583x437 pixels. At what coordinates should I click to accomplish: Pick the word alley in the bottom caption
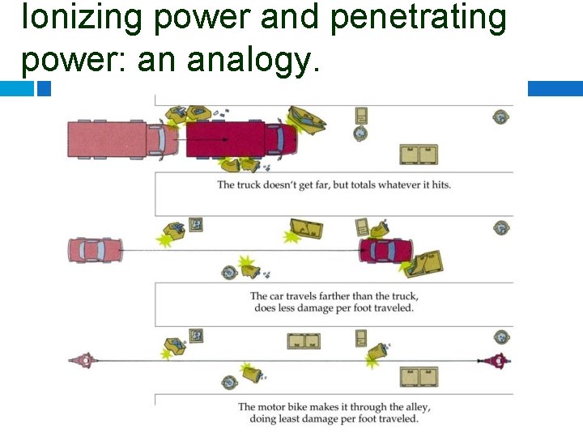click(x=408, y=407)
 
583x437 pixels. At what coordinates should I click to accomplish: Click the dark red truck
click(x=240, y=138)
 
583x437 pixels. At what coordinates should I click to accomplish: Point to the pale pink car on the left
click(x=96, y=250)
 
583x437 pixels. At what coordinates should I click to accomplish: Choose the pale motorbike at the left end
click(x=83, y=360)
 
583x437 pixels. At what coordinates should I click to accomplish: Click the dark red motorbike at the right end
click(x=496, y=361)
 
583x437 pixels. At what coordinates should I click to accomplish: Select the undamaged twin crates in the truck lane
click(x=419, y=154)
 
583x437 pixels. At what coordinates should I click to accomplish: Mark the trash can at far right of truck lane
click(x=501, y=117)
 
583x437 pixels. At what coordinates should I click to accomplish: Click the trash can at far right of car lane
click(x=502, y=228)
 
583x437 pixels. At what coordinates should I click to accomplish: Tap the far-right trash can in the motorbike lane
click(x=501, y=337)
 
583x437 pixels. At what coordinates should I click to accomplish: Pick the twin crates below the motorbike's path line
click(x=419, y=376)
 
